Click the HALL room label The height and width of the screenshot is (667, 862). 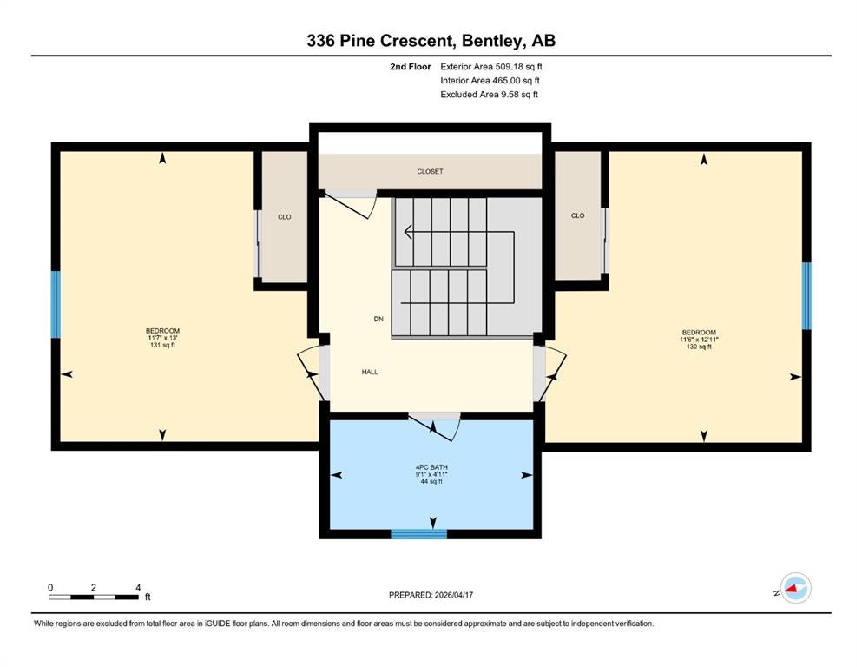coord(370,372)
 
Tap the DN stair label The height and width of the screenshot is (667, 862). coord(378,319)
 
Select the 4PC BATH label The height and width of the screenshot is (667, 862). coord(431,467)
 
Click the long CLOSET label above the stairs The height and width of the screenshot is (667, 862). coord(430,172)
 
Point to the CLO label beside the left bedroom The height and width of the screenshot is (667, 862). coord(284,216)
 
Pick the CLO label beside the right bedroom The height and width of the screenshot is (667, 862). coord(578,215)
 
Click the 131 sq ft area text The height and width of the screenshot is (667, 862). coord(162,346)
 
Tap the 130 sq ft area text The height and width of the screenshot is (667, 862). coord(699,347)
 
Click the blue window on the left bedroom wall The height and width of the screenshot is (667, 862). coord(56,305)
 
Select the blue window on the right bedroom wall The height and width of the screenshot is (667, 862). coord(806,296)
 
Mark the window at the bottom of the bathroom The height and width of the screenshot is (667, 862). coord(419,534)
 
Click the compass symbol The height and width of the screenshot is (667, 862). coord(795,588)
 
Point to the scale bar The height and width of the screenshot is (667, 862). coord(94,597)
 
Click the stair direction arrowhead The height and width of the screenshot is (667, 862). coord(408,232)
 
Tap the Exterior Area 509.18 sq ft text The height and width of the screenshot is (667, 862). coord(491,67)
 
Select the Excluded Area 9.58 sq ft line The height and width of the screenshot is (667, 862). coord(489,95)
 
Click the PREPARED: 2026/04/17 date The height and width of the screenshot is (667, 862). coord(431,595)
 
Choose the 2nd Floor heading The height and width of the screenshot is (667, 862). coord(410,67)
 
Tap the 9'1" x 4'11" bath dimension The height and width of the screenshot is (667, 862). coord(431,474)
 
